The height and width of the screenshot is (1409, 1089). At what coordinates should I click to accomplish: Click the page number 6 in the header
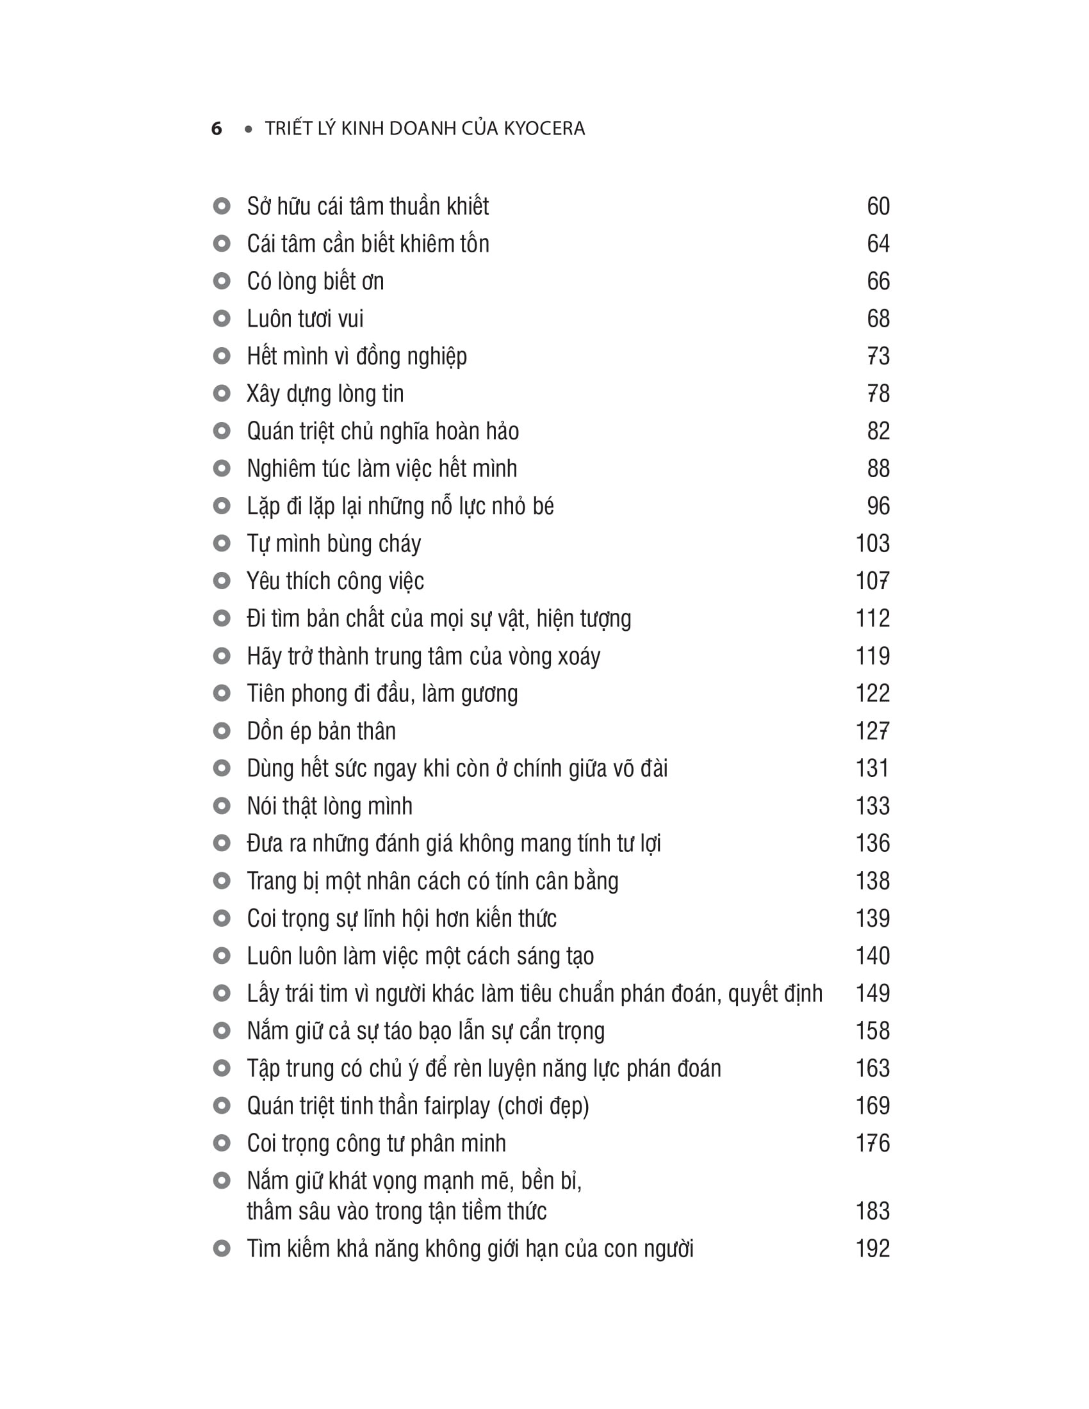tap(217, 128)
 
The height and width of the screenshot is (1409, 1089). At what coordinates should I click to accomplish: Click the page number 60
tap(878, 206)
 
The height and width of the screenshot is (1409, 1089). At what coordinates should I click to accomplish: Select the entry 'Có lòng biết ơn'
tap(315, 281)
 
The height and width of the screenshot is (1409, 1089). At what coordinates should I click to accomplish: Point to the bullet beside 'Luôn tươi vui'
tap(221, 319)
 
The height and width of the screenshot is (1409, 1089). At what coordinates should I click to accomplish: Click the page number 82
tap(878, 431)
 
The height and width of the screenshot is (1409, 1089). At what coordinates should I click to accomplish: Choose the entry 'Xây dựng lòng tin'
tap(325, 393)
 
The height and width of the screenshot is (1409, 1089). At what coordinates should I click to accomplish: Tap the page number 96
tap(878, 506)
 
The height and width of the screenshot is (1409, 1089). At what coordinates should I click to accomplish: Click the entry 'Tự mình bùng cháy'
tap(334, 544)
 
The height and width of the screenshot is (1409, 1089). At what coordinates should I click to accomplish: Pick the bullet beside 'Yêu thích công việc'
tap(221, 581)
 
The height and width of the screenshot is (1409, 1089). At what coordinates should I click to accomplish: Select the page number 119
tap(872, 656)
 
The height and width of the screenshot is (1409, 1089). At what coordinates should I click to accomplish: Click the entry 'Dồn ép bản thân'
tap(322, 731)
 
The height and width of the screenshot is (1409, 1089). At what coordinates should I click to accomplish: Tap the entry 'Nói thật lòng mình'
tap(330, 806)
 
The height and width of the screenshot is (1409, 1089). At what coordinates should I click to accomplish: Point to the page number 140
tap(872, 956)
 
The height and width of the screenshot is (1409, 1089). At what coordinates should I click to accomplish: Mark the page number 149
tap(872, 993)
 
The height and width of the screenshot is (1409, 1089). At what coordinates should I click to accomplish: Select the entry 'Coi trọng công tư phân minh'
tap(376, 1143)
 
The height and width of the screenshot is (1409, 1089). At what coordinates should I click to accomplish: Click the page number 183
tap(872, 1211)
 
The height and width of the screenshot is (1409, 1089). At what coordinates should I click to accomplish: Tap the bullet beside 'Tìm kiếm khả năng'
tap(221, 1248)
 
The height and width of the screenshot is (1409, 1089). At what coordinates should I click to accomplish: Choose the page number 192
tap(872, 1248)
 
